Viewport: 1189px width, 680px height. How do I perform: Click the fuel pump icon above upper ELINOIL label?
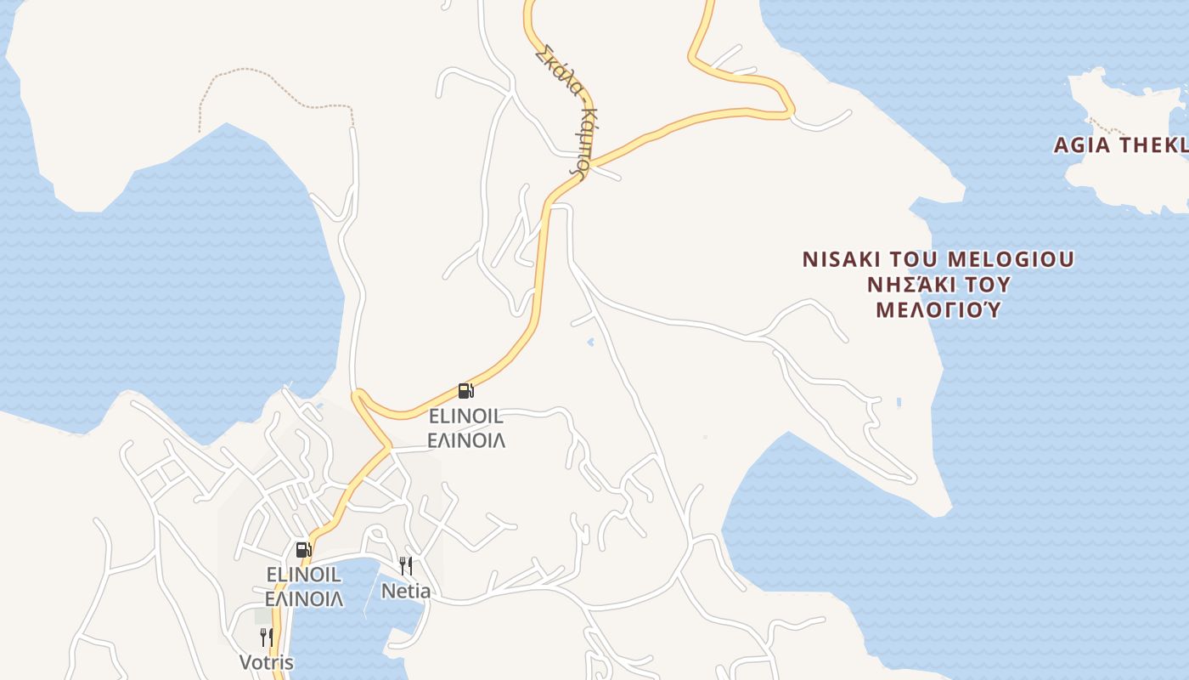pyautogui.click(x=465, y=391)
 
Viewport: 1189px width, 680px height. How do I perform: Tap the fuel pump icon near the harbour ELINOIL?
pyautogui.click(x=303, y=549)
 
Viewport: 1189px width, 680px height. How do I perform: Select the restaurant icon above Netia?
pyautogui.click(x=406, y=565)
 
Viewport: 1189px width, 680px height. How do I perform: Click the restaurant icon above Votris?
pyautogui.click(x=266, y=637)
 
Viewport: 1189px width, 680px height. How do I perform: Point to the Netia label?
pyautogui.click(x=406, y=591)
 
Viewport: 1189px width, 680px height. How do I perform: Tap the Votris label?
pyautogui.click(x=266, y=663)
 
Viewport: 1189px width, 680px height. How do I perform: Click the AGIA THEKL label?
pyautogui.click(x=1119, y=145)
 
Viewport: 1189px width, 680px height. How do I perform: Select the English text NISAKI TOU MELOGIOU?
pyautogui.click(x=938, y=259)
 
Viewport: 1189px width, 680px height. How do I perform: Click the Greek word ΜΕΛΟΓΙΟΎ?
pyautogui.click(x=938, y=309)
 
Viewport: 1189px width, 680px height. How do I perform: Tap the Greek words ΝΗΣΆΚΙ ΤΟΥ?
pyautogui.click(x=938, y=285)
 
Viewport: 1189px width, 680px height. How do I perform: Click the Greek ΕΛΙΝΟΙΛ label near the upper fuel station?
pyautogui.click(x=465, y=440)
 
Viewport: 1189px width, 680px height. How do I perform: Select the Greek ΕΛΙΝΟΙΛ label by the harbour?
pyautogui.click(x=303, y=598)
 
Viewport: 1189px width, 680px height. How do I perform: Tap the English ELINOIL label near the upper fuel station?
pyautogui.click(x=465, y=416)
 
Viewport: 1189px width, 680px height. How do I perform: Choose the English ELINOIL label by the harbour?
pyautogui.click(x=303, y=575)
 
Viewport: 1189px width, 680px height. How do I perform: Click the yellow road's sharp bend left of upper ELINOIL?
pyautogui.click(x=358, y=395)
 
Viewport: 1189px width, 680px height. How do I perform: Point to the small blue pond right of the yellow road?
pyautogui.click(x=590, y=342)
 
